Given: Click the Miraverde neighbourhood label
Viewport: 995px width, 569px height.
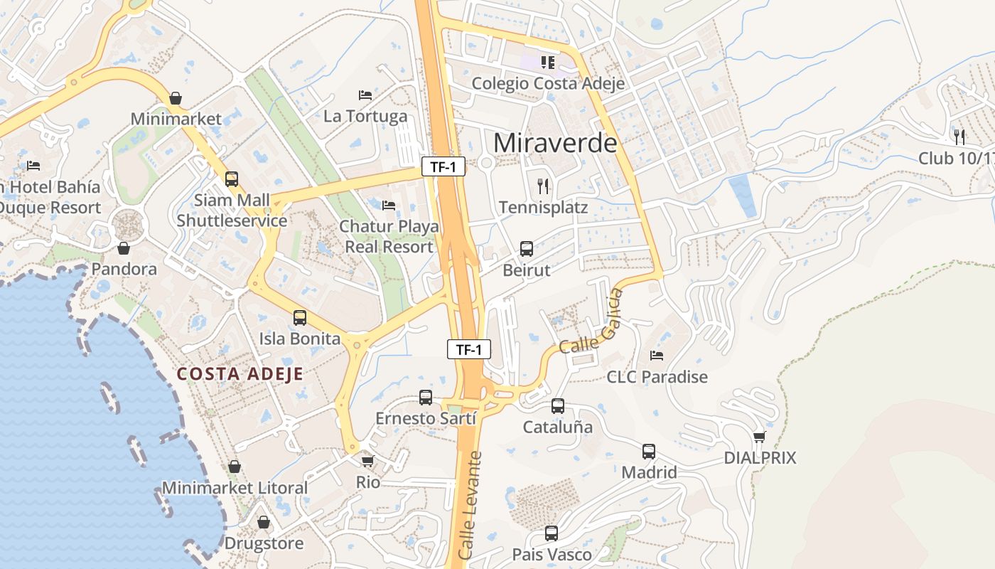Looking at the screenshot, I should click(x=555, y=143).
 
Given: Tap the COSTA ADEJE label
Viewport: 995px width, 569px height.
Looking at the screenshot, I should click(x=240, y=374).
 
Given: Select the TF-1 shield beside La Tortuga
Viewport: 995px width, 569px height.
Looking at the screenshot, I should click(x=443, y=167).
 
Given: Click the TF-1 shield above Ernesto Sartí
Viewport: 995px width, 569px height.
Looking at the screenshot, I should click(x=469, y=349).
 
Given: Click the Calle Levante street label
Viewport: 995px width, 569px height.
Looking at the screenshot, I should click(x=470, y=505).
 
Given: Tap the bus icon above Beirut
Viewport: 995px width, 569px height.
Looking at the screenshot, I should click(x=527, y=249).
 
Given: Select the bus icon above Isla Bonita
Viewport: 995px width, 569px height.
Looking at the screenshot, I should click(x=300, y=318).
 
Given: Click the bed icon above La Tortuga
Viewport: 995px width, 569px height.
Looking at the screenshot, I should click(x=365, y=95).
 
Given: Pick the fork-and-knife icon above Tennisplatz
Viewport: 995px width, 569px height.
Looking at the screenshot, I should click(x=544, y=186).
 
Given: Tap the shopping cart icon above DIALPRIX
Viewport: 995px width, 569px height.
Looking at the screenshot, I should click(x=760, y=437).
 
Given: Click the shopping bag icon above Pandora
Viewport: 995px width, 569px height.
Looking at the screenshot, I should click(x=124, y=248).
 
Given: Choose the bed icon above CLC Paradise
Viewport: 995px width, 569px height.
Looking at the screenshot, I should click(x=657, y=355).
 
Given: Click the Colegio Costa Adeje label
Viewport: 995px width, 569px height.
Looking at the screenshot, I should click(x=549, y=83).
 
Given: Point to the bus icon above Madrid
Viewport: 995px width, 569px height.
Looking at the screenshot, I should click(x=649, y=452).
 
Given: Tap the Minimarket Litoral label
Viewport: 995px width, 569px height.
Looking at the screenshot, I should click(x=235, y=488).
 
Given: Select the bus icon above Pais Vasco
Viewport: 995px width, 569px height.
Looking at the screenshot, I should click(x=552, y=533).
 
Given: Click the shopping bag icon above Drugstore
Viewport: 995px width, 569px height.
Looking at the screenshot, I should click(x=264, y=523).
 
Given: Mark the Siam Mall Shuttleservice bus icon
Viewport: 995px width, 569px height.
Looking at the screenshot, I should click(x=232, y=179).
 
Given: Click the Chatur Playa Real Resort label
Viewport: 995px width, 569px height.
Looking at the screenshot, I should click(x=389, y=237).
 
